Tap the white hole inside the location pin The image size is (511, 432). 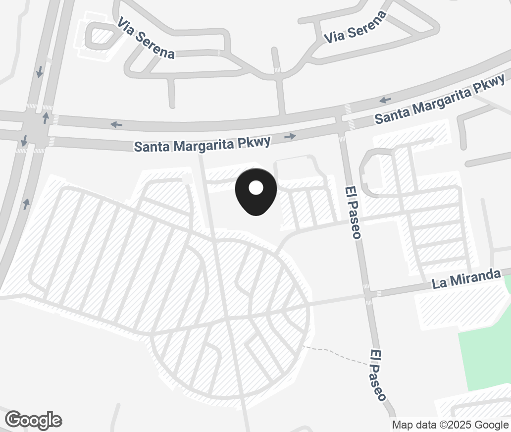pyautogui.click(x=256, y=188)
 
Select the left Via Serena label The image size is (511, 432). pyautogui.click(x=146, y=38)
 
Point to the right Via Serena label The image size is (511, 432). pyautogui.click(x=355, y=27)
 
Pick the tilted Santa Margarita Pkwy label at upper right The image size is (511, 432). pyautogui.click(x=440, y=99)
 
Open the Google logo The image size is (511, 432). pyautogui.click(x=34, y=420)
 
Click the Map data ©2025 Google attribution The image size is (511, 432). pyautogui.click(x=450, y=425)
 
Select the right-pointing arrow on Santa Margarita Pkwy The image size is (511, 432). pyautogui.click(x=290, y=136)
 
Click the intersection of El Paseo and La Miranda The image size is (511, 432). pyautogui.click(x=367, y=294)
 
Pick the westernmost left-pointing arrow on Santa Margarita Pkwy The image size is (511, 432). pyautogui.click(x=116, y=124)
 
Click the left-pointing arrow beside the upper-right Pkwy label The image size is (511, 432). pyautogui.click(x=385, y=100)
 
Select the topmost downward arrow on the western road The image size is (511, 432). pyautogui.click(x=40, y=72)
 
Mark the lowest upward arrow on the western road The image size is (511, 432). pyautogui.click(x=26, y=204)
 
